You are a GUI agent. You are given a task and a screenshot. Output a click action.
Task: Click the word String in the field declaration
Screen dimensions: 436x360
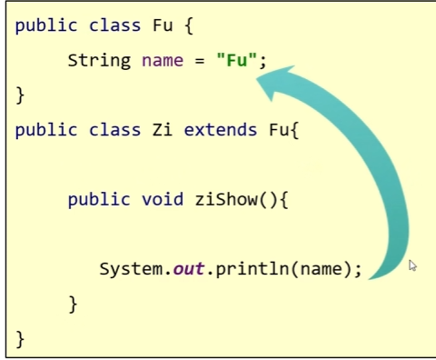point(99,61)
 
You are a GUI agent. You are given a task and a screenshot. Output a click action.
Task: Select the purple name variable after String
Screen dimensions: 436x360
point(163,61)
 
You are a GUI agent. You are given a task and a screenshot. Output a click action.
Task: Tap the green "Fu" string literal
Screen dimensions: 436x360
point(237,60)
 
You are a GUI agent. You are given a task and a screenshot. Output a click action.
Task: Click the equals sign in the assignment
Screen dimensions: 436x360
point(200,61)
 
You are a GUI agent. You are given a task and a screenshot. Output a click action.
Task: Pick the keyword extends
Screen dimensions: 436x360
point(221,130)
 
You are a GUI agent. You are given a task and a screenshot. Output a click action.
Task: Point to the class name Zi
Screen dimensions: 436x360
point(163,130)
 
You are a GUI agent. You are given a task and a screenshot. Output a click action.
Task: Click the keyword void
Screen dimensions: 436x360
point(163,199)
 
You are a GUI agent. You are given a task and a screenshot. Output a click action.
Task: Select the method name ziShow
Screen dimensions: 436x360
point(226,199)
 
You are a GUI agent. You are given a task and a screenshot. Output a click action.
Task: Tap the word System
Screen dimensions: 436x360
point(132,269)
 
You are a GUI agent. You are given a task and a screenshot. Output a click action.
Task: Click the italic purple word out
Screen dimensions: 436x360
point(189,269)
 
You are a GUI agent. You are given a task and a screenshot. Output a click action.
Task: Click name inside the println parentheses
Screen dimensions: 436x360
point(322,269)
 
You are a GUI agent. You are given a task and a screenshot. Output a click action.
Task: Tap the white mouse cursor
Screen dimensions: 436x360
point(412,265)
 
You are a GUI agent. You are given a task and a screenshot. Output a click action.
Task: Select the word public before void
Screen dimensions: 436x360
point(99,200)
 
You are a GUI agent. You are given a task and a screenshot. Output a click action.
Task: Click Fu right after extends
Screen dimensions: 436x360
point(279,130)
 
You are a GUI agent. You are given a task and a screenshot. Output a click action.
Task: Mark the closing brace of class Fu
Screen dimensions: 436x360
point(20,95)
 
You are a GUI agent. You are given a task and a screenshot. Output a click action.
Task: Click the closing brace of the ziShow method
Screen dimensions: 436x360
point(74,305)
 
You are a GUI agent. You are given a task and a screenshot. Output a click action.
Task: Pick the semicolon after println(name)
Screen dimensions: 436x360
point(359,270)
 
